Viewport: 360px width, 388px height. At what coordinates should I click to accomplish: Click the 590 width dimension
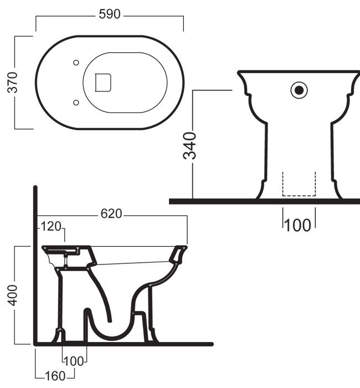click(x=110, y=14)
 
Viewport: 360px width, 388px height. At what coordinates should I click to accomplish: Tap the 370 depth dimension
click(x=12, y=83)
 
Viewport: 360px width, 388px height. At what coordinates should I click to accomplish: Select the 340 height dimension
click(x=189, y=145)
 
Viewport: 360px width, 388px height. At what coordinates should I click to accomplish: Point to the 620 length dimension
click(x=111, y=214)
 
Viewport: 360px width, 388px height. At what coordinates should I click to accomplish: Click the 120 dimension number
click(x=51, y=226)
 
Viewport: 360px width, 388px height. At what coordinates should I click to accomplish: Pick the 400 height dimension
click(x=12, y=295)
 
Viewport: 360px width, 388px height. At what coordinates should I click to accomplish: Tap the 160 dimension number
click(x=55, y=376)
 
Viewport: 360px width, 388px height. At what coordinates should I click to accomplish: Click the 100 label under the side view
click(x=74, y=361)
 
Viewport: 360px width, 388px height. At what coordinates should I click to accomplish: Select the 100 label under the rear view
click(x=298, y=226)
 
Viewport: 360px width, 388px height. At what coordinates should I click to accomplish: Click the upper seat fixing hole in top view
click(x=76, y=63)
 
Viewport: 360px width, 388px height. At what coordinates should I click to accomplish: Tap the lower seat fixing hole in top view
click(x=76, y=103)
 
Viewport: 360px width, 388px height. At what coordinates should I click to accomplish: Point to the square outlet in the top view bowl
click(x=103, y=83)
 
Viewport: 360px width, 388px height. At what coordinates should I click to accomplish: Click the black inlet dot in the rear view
click(x=299, y=90)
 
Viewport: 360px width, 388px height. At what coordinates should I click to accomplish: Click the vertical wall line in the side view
click(x=35, y=265)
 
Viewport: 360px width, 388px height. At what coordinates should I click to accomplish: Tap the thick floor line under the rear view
click(x=265, y=201)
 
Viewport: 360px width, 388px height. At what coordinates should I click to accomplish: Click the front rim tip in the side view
click(x=186, y=247)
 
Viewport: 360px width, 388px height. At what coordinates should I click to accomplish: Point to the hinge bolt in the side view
click(x=66, y=260)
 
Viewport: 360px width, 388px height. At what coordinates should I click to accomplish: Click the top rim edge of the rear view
click(x=299, y=72)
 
